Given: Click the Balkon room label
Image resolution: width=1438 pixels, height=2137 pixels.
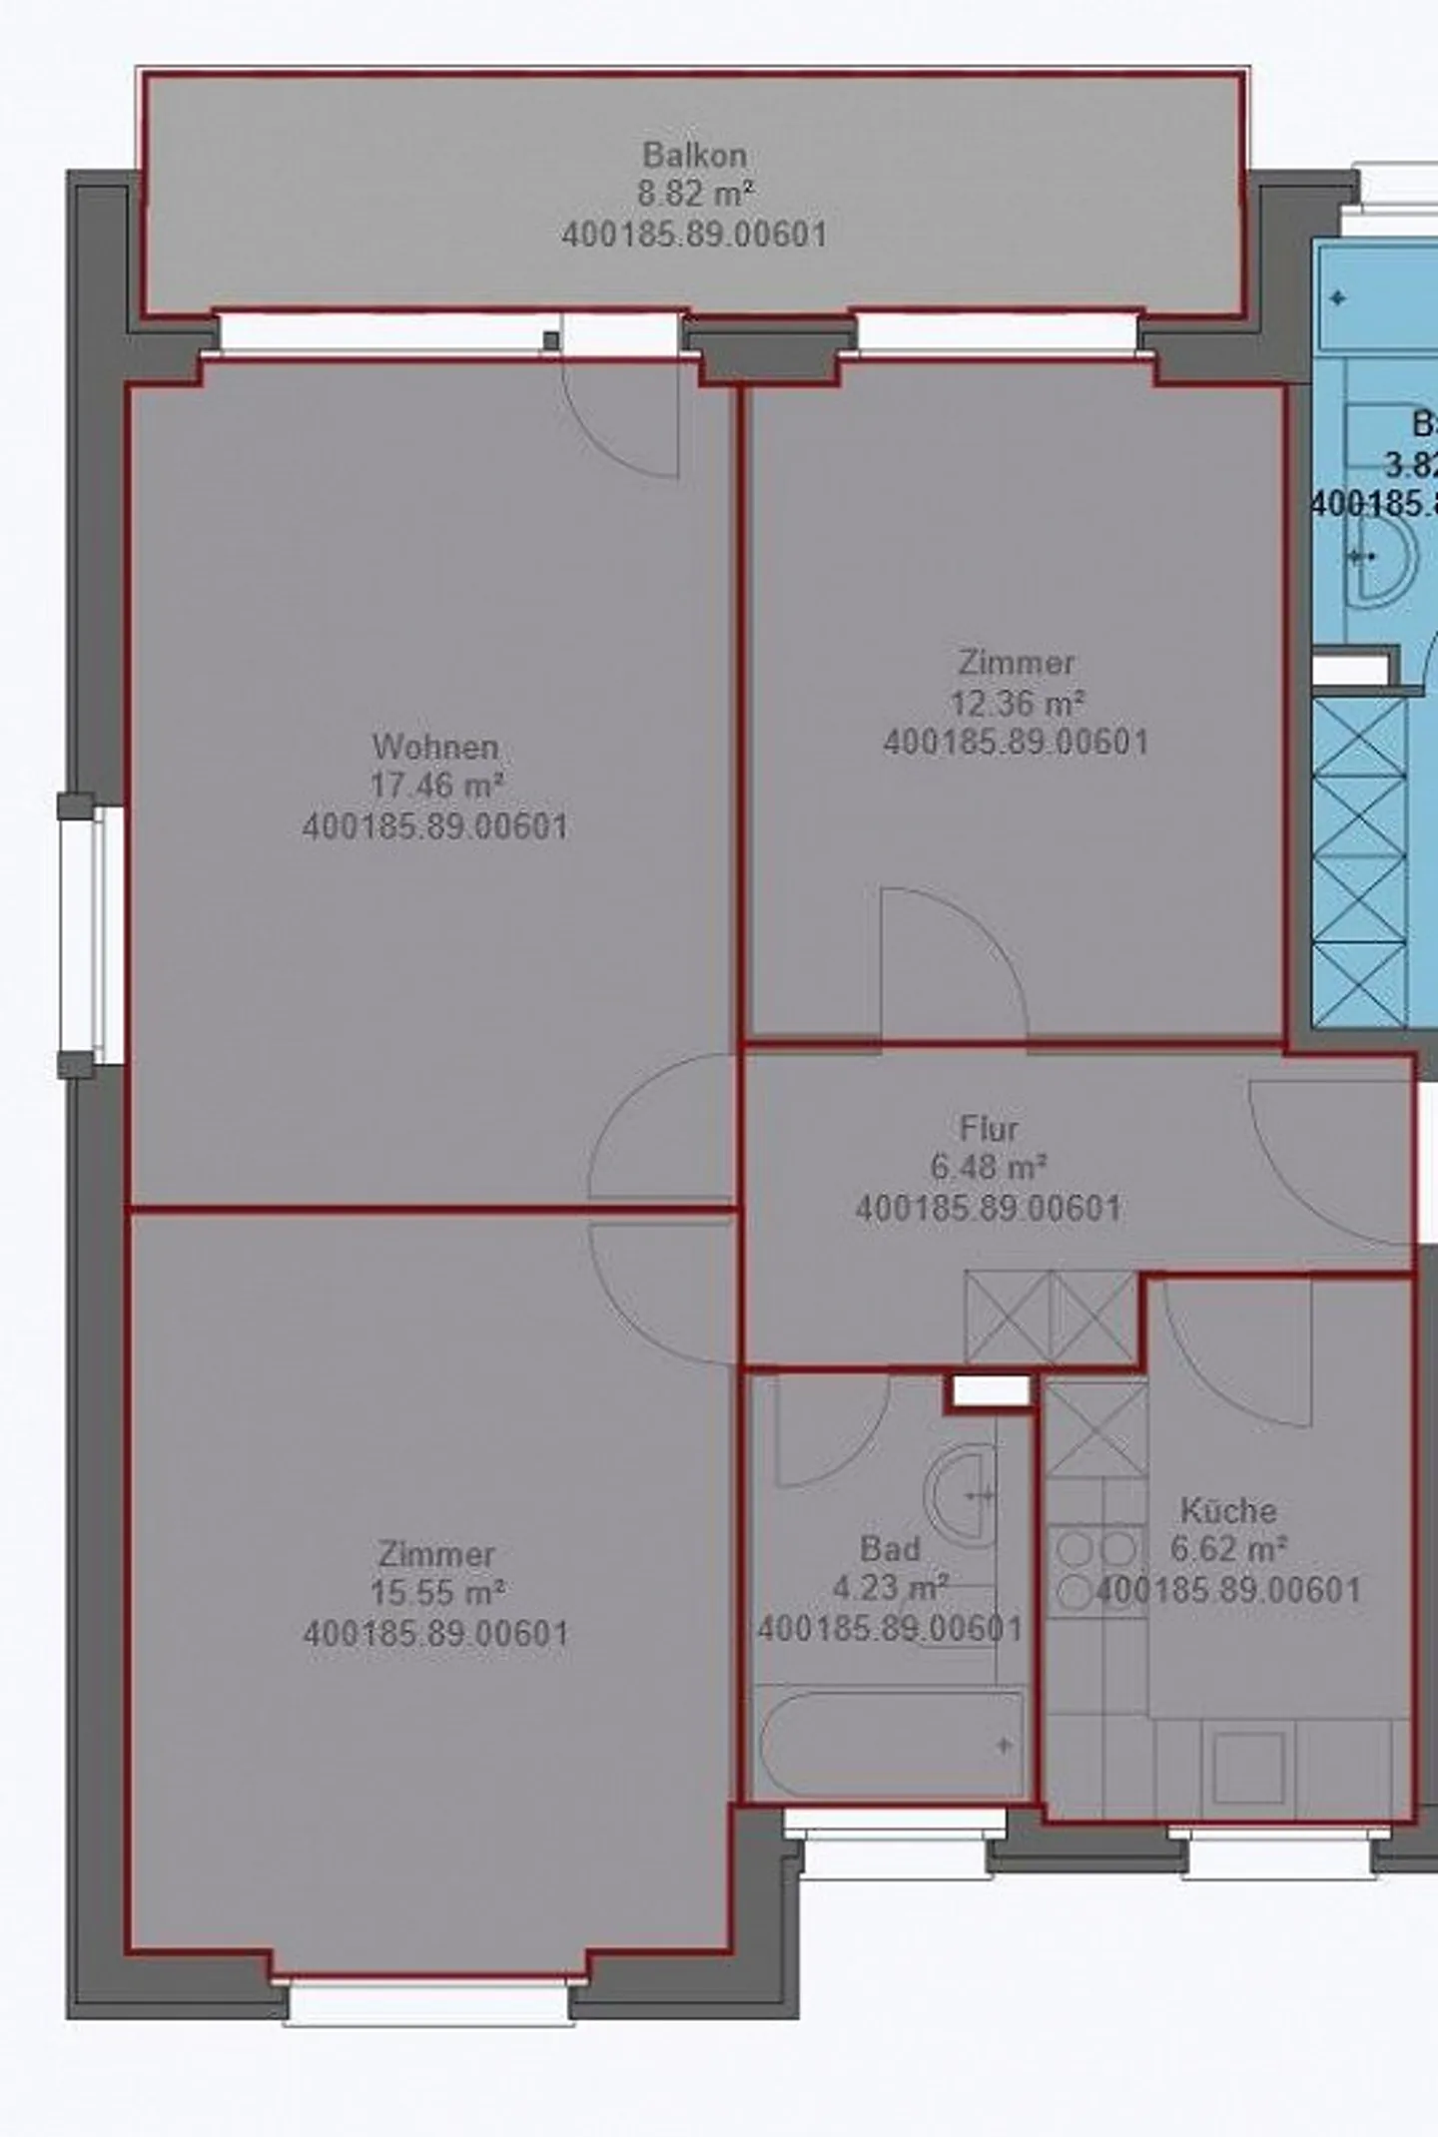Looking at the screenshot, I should (x=694, y=156).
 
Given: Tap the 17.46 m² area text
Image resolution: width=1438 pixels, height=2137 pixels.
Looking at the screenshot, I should (x=436, y=786).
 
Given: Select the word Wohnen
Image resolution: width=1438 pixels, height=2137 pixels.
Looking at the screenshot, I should (x=435, y=747).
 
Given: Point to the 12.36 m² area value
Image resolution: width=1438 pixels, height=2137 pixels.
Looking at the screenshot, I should (x=1017, y=704).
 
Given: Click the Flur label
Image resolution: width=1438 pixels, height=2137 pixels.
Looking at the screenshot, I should (x=989, y=1129).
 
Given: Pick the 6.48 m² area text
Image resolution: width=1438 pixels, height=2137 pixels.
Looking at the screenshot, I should (x=989, y=1167).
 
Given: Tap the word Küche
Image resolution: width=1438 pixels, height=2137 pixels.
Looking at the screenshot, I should (x=1228, y=1510).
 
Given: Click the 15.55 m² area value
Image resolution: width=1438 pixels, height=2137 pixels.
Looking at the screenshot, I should (x=436, y=1593).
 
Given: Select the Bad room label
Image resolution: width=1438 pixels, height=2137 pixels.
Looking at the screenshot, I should (x=890, y=1549).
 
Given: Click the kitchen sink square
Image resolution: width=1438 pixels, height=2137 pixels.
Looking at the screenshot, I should (x=1247, y=1768).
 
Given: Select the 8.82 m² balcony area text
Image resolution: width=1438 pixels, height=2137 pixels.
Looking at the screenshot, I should (x=694, y=194).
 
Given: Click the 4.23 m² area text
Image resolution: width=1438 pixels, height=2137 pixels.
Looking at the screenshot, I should (x=890, y=1588).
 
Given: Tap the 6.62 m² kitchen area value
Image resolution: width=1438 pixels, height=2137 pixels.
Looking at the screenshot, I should (x=1228, y=1550).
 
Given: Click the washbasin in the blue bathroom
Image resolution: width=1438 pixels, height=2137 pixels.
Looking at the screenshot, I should (x=1383, y=559).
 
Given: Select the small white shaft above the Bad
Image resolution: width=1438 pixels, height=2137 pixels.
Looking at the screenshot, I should (x=990, y=1390).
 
